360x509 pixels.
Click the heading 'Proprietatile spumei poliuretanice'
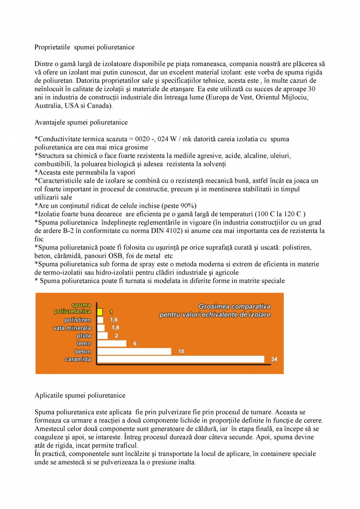(x=84, y=47)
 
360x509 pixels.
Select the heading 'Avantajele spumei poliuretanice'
(x=81, y=122)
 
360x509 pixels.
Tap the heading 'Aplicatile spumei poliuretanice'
(x=80, y=395)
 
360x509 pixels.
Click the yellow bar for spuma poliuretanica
(x=100, y=312)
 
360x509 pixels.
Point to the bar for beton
(x=134, y=351)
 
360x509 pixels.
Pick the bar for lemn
(x=112, y=344)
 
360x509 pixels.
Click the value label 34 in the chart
(x=274, y=359)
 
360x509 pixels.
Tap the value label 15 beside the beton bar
(x=181, y=351)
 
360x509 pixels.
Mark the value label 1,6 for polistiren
(x=114, y=320)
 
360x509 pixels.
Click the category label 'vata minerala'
(x=72, y=328)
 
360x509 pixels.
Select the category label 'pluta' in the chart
(x=84, y=336)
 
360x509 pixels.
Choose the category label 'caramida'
(x=78, y=359)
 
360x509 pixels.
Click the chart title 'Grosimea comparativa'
(x=234, y=306)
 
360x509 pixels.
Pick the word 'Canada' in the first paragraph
(x=102, y=106)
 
